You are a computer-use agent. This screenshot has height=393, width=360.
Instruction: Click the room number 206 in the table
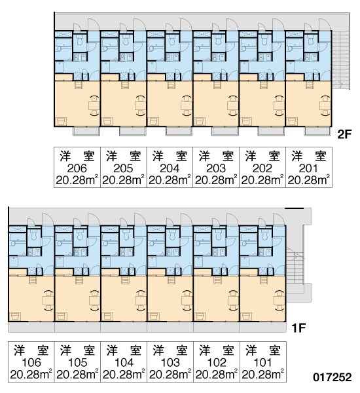[x=77, y=168]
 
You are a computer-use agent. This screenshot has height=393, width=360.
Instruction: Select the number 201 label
[x=309, y=168]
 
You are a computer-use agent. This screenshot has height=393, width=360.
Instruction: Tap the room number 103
[x=170, y=362]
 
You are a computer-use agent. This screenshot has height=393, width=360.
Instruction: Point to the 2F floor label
[x=344, y=134]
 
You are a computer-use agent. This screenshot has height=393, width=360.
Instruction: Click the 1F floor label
[x=298, y=328]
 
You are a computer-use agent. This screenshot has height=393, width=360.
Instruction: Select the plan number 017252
[x=333, y=377]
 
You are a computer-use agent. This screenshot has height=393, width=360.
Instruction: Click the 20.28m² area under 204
[x=170, y=180]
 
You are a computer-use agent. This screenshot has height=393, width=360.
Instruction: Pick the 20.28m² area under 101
[x=262, y=375]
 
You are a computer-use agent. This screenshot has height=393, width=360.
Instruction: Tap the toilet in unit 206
[x=80, y=39]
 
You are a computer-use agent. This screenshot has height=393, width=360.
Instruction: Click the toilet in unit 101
[x=265, y=234]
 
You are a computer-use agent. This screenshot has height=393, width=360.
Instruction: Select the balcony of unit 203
[x=225, y=131]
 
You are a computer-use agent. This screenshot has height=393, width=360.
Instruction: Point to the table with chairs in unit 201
[x=325, y=105]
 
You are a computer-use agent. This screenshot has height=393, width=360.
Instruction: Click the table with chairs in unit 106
[x=48, y=300]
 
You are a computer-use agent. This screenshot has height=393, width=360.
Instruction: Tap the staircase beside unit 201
[x=341, y=60]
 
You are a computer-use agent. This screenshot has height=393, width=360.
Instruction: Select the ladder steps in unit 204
[x=171, y=84]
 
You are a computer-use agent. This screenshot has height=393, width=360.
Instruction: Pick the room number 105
[x=77, y=362]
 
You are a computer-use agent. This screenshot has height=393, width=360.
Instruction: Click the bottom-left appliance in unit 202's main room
[x=245, y=122]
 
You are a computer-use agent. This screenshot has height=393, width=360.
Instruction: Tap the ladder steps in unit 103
[x=171, y=280]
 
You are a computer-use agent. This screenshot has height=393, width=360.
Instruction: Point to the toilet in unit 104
[x=126, y=234]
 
